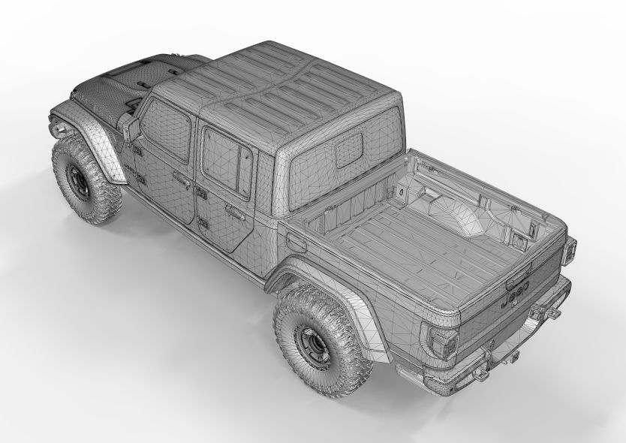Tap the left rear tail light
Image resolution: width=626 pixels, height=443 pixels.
point(440,341)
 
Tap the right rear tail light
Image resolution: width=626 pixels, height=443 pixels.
point(569,251)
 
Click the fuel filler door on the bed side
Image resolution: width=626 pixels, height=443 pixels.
point(296,243)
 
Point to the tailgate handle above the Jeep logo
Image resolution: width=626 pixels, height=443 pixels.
point(516,279)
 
